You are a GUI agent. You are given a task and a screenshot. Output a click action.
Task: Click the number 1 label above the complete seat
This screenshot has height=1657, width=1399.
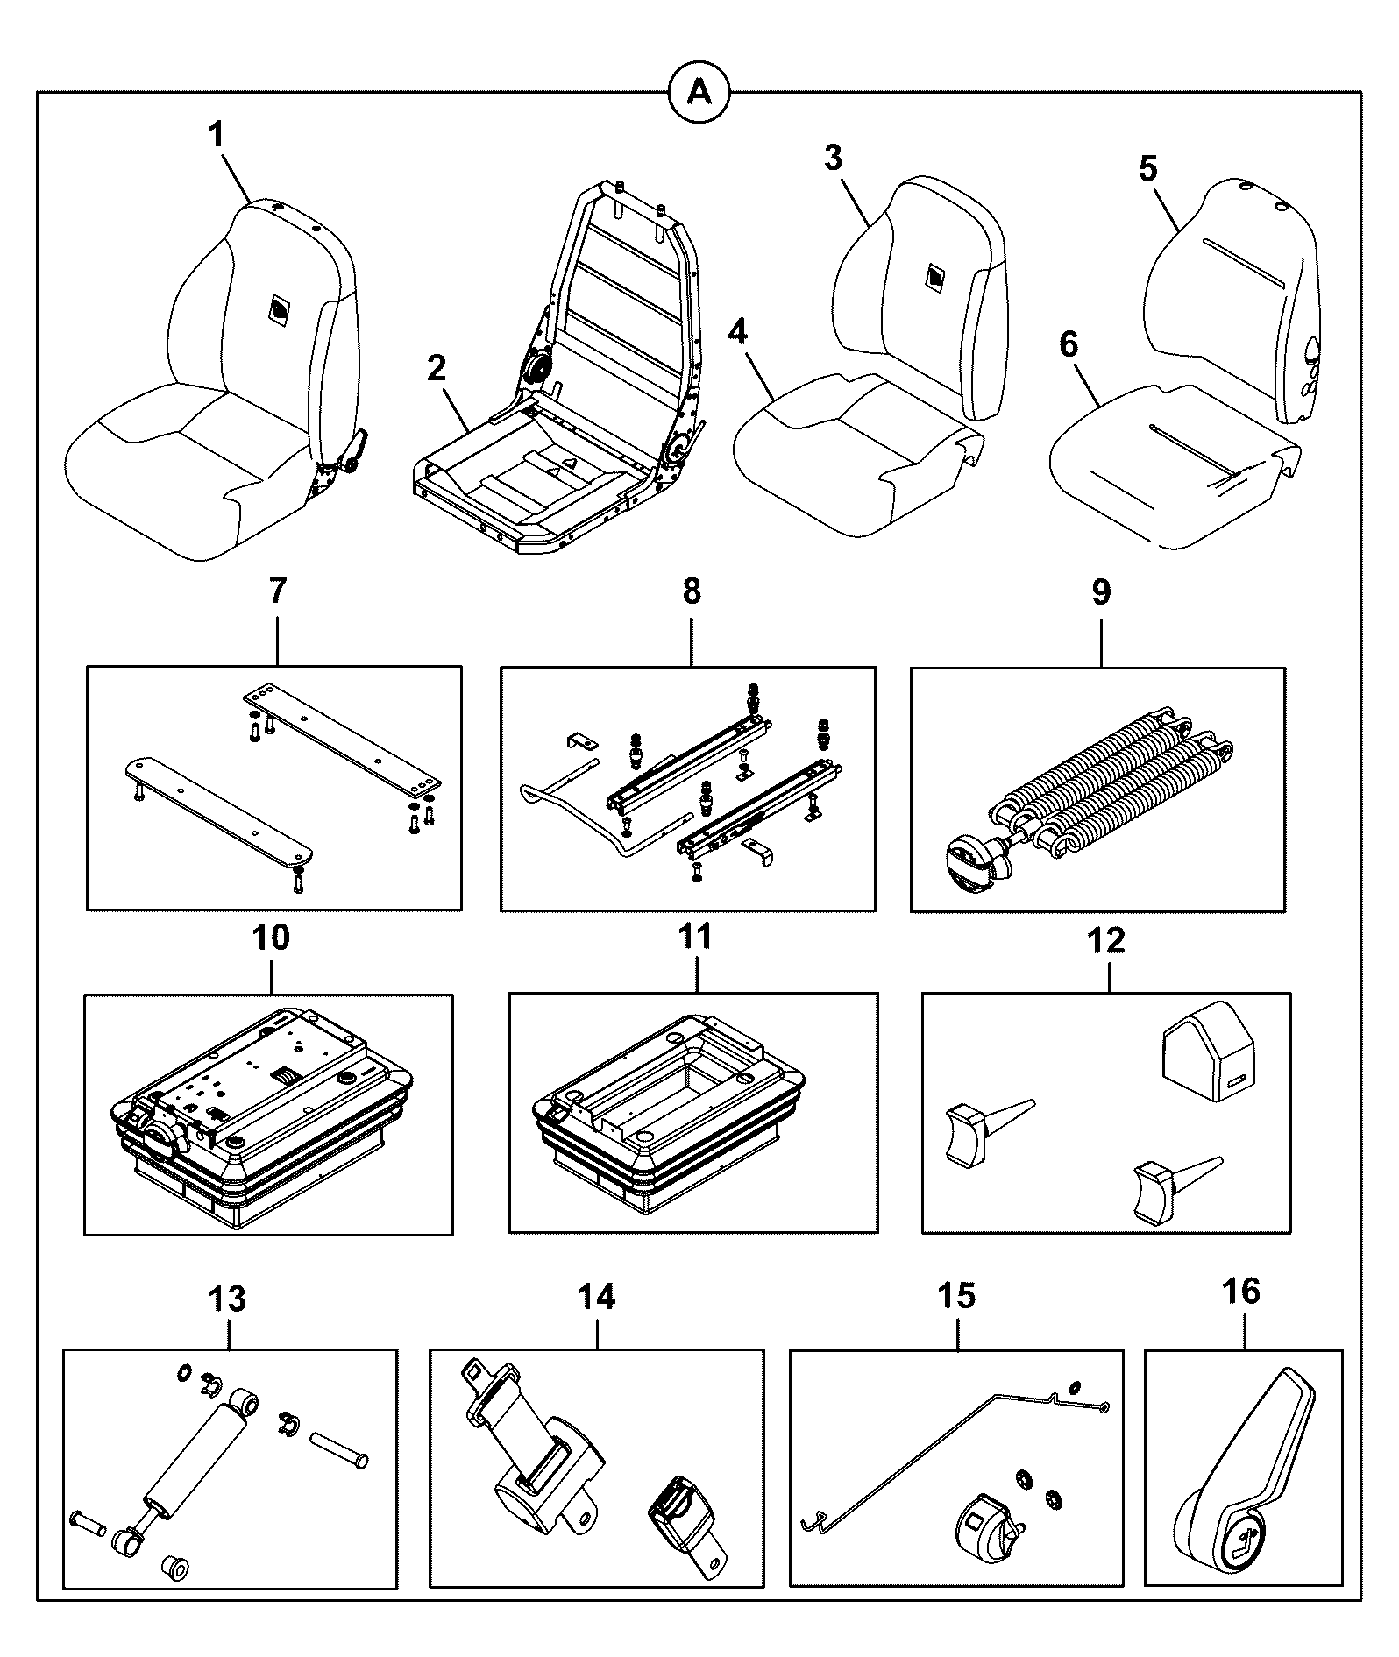(216, 136)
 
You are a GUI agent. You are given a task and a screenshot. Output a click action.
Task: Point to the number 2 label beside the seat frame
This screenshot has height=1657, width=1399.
(437, 368)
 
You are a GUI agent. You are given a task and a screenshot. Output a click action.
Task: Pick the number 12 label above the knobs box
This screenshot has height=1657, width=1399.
(1105, 941)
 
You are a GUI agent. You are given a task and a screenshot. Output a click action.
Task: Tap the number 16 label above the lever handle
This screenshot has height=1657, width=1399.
(1241, 1291)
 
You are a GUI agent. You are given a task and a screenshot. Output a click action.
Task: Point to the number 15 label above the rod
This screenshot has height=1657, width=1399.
(956, 1294)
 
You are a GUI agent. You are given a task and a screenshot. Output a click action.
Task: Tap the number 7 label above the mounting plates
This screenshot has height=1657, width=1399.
(277, 591)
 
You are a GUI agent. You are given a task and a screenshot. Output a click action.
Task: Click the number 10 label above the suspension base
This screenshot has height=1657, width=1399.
(270, 938)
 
